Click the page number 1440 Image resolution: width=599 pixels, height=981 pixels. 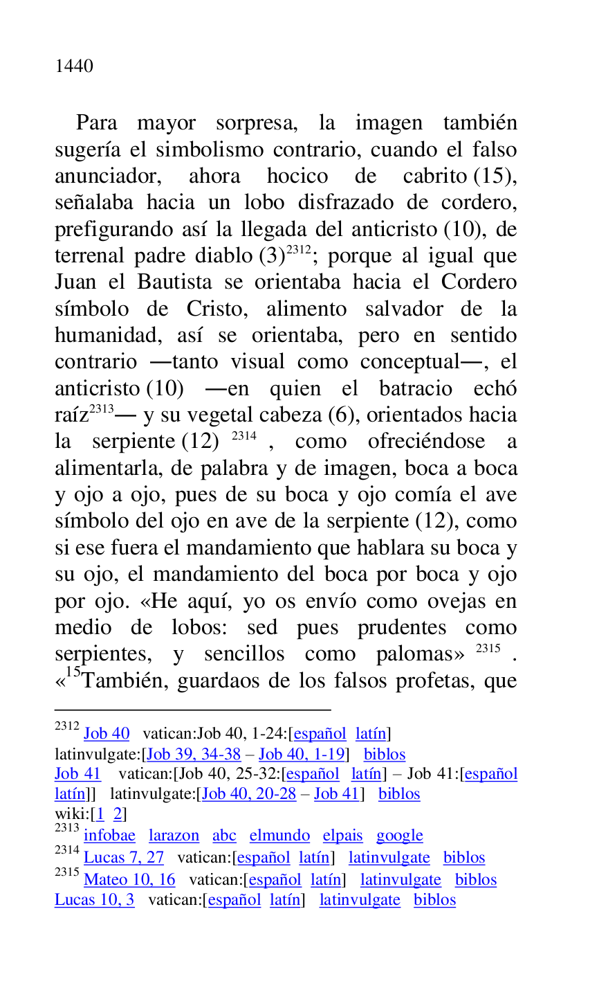tap(74, 66)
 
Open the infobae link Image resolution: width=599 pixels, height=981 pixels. tap(109, 836)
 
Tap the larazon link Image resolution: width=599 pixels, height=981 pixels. tap(174, 836)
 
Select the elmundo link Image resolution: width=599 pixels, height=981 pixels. tap(279, 836)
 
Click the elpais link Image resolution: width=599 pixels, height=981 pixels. tap(342, 836)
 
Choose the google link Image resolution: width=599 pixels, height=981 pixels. tap(400, 836)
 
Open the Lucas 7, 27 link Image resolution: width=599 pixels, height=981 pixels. tap(123, 858)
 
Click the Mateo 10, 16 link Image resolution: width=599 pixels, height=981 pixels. tap(129, 880)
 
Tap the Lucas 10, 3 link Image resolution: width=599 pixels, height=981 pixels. tap(95, 900)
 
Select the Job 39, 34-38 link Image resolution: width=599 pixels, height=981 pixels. tap(194, 754)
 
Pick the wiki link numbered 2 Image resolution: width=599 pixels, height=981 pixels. tap(118, 813)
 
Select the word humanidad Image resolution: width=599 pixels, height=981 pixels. tap(109, 336)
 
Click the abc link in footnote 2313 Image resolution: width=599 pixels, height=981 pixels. tap(224, 836)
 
